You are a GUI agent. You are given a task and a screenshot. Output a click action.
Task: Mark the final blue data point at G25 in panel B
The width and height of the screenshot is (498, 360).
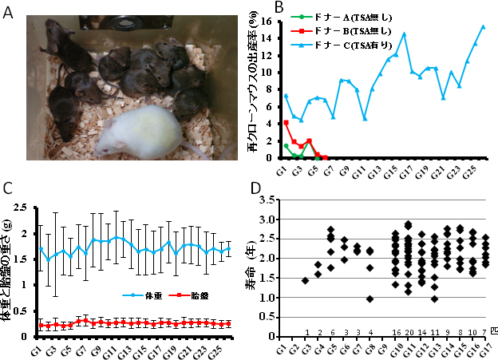pyautogui.click(x=483, y=26)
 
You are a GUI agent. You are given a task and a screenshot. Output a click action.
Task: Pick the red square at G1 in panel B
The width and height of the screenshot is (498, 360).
pyautogui.click(x=287, y=122)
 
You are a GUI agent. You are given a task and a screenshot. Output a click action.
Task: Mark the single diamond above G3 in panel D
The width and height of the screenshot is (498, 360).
pyautogui.click(x=305, y=280)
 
